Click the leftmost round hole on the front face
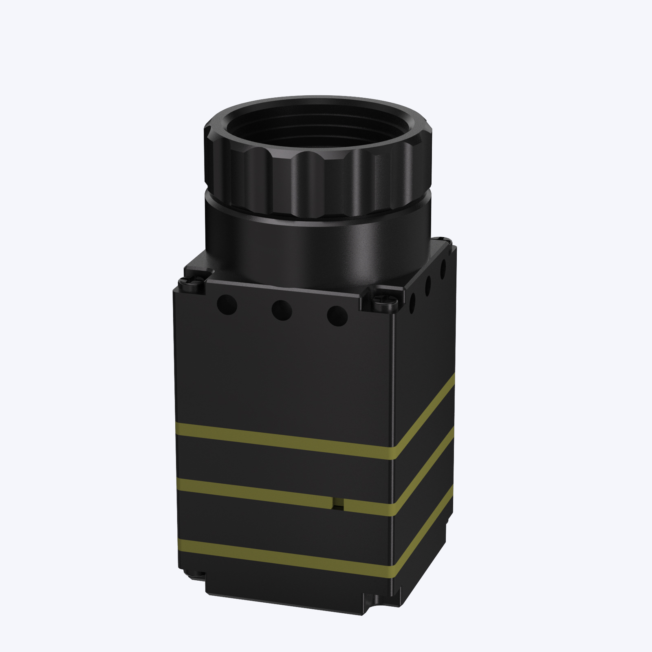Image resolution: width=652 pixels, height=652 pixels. point(227,304)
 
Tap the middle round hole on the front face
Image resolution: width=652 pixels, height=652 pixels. point(282,310)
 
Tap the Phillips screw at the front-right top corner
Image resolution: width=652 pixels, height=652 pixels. point(384,302)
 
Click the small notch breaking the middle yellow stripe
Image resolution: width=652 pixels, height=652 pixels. point(338,504)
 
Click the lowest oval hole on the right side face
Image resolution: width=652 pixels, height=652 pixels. point(412,302)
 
